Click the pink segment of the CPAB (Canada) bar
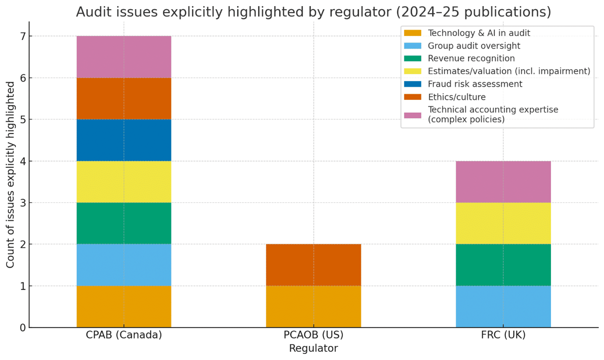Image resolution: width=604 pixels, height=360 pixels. tap(124, 57)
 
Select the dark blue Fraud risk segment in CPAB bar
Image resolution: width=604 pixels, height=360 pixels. tap(124, 140)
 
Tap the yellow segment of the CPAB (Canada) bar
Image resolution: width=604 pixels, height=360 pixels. tap(124, 182)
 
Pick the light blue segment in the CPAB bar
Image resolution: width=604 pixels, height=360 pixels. tap(124, 265)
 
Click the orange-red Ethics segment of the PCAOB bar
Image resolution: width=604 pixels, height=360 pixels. tap(313, 265)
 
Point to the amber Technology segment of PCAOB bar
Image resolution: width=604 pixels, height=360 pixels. tap(313, 307)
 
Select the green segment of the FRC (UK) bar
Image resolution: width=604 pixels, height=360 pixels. tap(503, 265)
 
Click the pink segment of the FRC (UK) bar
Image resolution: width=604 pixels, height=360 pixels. tap(503, 182)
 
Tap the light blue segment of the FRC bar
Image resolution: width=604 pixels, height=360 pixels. tap(503, 307)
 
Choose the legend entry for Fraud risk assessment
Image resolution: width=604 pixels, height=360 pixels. tap(475, 84)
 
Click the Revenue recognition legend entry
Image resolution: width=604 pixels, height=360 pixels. tap(471, 58)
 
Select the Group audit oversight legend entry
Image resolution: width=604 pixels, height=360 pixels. tap(474, 46)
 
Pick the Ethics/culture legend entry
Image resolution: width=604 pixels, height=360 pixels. tap(456, 97)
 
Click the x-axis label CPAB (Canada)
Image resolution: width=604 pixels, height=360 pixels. tap(124, 335)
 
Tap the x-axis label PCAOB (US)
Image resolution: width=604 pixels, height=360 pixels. tap(313, 335)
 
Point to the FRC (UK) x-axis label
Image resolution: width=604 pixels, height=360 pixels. tap(503, 335)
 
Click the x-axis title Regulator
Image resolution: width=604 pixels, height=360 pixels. tap(313, 349)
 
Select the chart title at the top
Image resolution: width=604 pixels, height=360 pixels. tap(313, 12)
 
